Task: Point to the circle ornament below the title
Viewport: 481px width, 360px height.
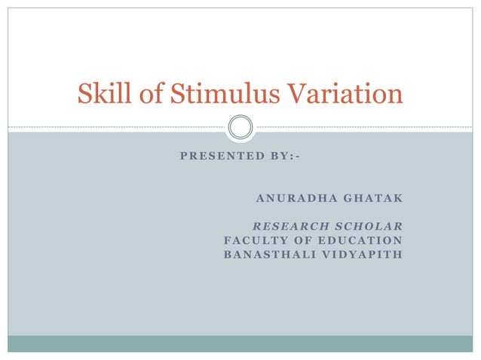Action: pos(240,127)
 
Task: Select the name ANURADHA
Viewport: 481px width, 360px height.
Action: pos(291,198)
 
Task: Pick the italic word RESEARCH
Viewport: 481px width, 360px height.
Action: pos(286,226)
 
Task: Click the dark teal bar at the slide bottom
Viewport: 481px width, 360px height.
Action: pos(240,343)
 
